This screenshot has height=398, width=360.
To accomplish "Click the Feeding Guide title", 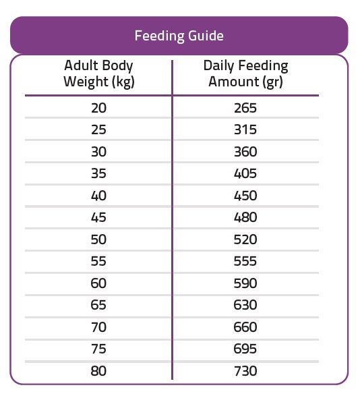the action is [x=179, y=36].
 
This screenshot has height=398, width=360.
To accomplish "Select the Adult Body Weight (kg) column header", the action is [x=98, y=74].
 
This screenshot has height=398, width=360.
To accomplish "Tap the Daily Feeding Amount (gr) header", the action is [x=245, y=74].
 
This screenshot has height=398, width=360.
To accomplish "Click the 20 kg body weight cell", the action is [x=98, y=108].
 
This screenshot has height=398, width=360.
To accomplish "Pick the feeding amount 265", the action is [x=245, y=108].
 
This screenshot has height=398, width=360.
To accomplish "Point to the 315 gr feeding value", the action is [x=245, y=130].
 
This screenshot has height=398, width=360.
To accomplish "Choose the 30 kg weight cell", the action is [x=98, y=152].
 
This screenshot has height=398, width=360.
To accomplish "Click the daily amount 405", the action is [x=245, y=173].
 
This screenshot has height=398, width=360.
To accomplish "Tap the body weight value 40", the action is [x=98, y=196].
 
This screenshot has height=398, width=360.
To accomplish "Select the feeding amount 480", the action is [x=245, y=217].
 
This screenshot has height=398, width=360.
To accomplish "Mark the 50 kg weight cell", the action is [x=98, y=239].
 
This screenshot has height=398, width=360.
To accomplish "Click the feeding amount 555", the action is [x=245, y=261].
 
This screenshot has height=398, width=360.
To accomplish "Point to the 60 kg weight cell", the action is [x=98, y=283].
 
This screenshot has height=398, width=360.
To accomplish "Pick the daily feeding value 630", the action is [x=245, y=305].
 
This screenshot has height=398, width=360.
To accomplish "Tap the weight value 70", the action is [x=98, y=327].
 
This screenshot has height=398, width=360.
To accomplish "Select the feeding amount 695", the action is [x=245, y=349].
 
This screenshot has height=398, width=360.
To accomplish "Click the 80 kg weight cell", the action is [x=98, y=371].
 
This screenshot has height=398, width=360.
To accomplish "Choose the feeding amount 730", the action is [x=245, y=371].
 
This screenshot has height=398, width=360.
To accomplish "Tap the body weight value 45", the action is [x=98, y=217].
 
